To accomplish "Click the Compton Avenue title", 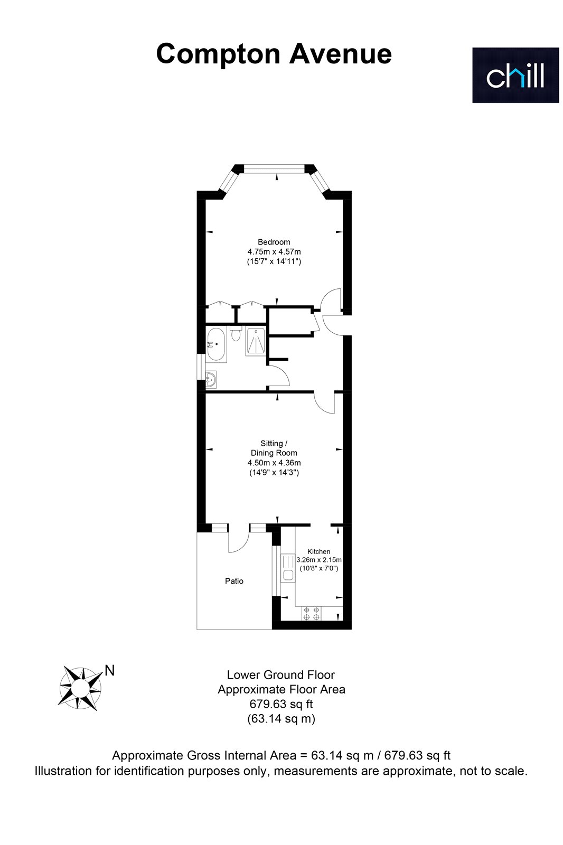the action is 274,54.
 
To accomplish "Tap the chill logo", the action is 515,75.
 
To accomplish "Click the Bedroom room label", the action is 274,242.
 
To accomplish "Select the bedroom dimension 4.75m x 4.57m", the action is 274,251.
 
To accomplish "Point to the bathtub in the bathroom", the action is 216,345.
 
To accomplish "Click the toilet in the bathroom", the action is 236,332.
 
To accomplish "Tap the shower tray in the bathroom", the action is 256,341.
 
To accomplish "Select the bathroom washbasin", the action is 211,379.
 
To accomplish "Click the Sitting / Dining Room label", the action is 274,448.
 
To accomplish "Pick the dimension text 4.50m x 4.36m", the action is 274,463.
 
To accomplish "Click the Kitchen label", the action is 319,551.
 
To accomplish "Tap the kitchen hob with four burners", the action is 311,613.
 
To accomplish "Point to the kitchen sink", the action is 288,568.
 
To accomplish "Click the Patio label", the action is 234,581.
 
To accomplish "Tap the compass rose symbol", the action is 80,688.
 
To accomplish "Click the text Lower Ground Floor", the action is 281,675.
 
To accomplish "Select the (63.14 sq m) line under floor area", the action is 281,719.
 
